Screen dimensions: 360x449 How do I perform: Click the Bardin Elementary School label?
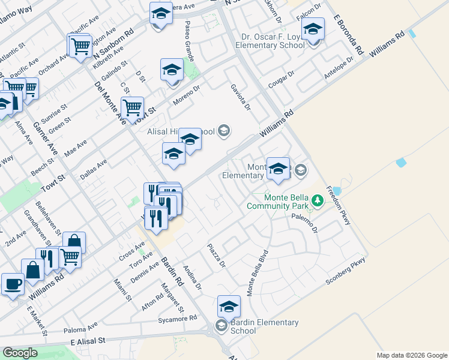tap(264, 326)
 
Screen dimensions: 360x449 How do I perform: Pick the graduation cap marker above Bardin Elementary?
tap(229, 307)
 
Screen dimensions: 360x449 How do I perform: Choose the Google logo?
tap(20, 352)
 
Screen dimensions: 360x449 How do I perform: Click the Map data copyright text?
tap(412, 355)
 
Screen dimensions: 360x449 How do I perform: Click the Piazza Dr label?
tap(216, 256)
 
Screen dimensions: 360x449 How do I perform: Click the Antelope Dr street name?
tap(338, 70)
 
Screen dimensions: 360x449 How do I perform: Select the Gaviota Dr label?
tap(240, 97)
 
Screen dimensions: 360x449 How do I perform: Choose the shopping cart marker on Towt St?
tap(132, 108)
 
